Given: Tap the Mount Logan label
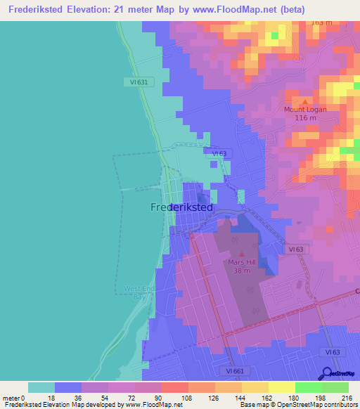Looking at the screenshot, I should tap(305, 109).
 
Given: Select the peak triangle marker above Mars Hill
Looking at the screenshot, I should tap(242, 254).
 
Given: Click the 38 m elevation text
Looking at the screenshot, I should tap(242, 271).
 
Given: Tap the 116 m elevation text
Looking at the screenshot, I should tap(305, 117).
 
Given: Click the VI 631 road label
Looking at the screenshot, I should tap(139, 82).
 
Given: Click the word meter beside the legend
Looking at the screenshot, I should tap(11, 397).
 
